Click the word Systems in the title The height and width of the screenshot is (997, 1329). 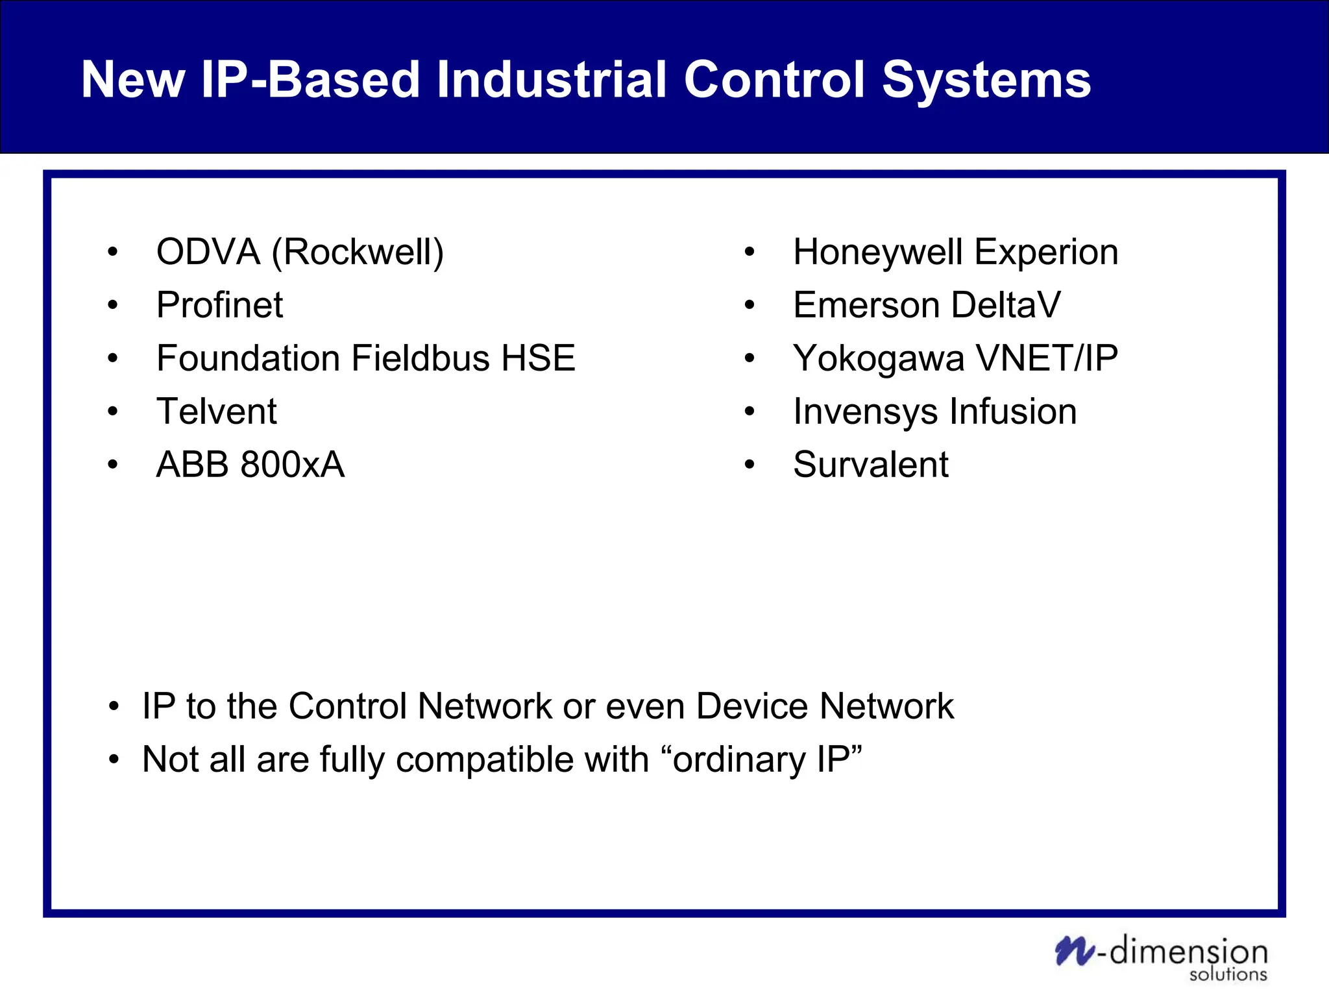pyautogui.click(x=986, y=80)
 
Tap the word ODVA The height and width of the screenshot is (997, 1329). pyautogui.click(x=208, y=252)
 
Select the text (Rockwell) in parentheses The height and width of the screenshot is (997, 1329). pyautogui.click(x=358, y=252)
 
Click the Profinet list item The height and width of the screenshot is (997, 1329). pyautogui.click(x=219, y=305)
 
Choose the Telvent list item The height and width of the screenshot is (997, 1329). pyautogui.click(x=216, y=412)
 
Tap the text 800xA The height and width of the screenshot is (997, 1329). pyautogui.click(x=292, y=465)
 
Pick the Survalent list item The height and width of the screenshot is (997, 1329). pyautogui.click(x=870, y=465)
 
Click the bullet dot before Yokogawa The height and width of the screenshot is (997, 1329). pyautogui.click(x=750, y=358)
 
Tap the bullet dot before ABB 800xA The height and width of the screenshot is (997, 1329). pyautogui.click(x=113, y=465)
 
